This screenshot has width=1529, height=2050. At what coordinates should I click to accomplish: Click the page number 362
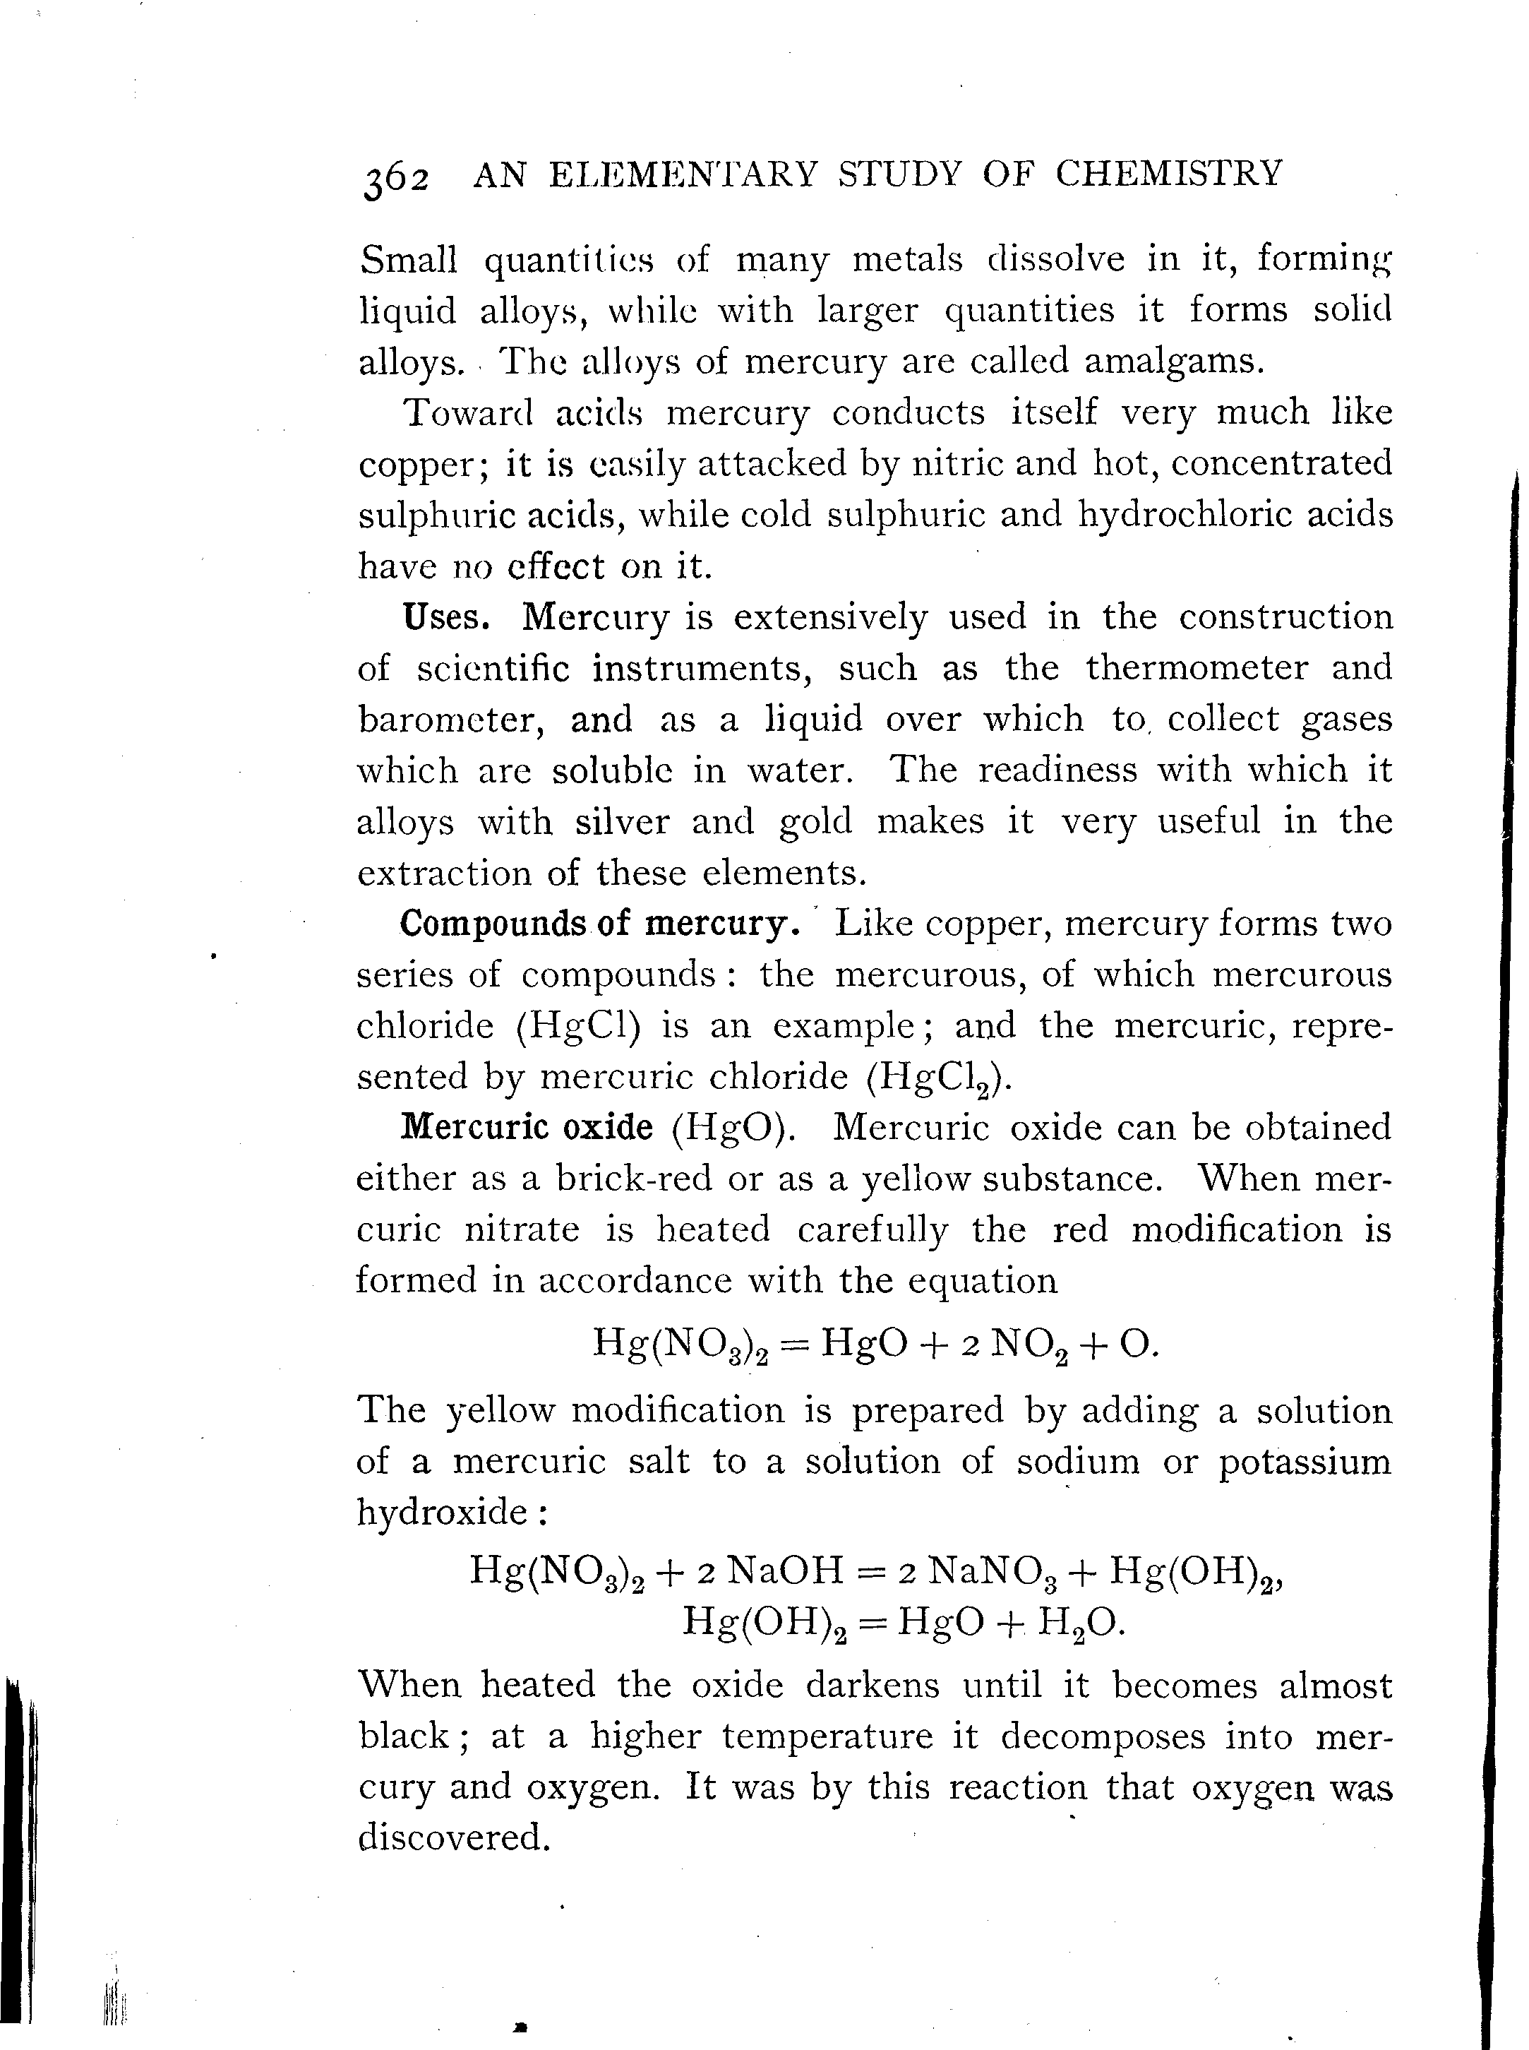(x=396, y=177)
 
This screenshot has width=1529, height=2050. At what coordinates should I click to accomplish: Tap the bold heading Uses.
(x=446, y=616)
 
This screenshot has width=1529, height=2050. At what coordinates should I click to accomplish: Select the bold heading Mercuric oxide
(x=527, y=1128)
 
